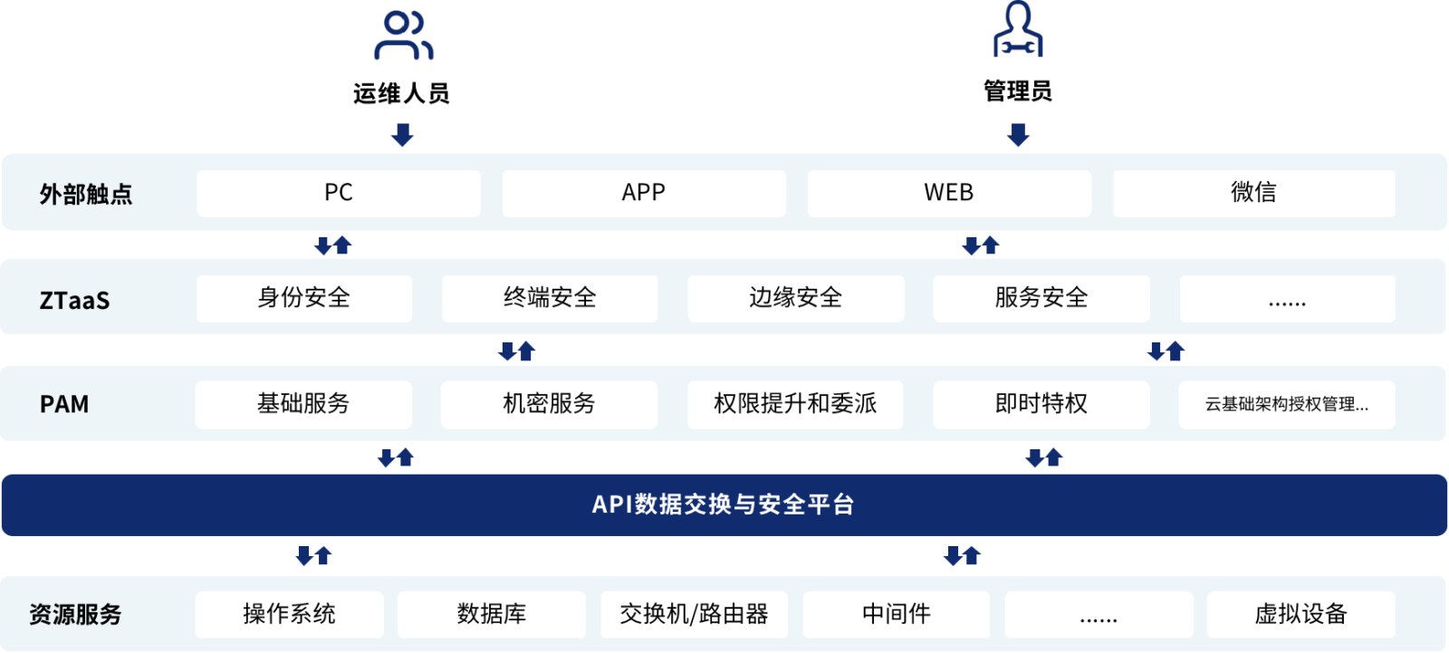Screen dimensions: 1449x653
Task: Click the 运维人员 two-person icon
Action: [x=403, y=35]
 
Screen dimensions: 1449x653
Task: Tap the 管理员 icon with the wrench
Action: [x=1018, y=29]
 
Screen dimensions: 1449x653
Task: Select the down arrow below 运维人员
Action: [x=402, y=135]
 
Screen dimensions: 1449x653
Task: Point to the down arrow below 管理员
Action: [x=1018, y=135]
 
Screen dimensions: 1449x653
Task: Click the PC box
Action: [x=339, y=193]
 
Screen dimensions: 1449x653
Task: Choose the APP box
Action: [x=644, y=193]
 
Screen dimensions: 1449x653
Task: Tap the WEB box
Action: [x=949, y=193]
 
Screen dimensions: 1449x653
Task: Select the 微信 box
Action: [x=1253, y=193]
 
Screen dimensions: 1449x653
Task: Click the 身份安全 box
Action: [x=304, y=298]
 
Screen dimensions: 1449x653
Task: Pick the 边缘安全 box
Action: [x=796, y=298]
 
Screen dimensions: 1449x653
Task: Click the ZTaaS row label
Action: [x=74, y=301]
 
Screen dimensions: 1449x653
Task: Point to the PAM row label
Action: [x=64, y=404]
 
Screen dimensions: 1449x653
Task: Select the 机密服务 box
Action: [x=549, y=405]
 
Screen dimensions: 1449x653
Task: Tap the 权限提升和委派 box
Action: [x=795, y=405]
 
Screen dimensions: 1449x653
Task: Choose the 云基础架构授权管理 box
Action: [x=1287, y=405]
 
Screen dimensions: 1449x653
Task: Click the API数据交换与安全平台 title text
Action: [x=724, y=504]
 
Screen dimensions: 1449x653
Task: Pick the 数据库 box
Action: [x=492, y=614]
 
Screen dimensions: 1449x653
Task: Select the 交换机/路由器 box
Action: [x=694, y=614]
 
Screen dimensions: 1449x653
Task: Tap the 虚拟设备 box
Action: [x=1300, y=614]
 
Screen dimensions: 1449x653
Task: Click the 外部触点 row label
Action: [x=86, y=194]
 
